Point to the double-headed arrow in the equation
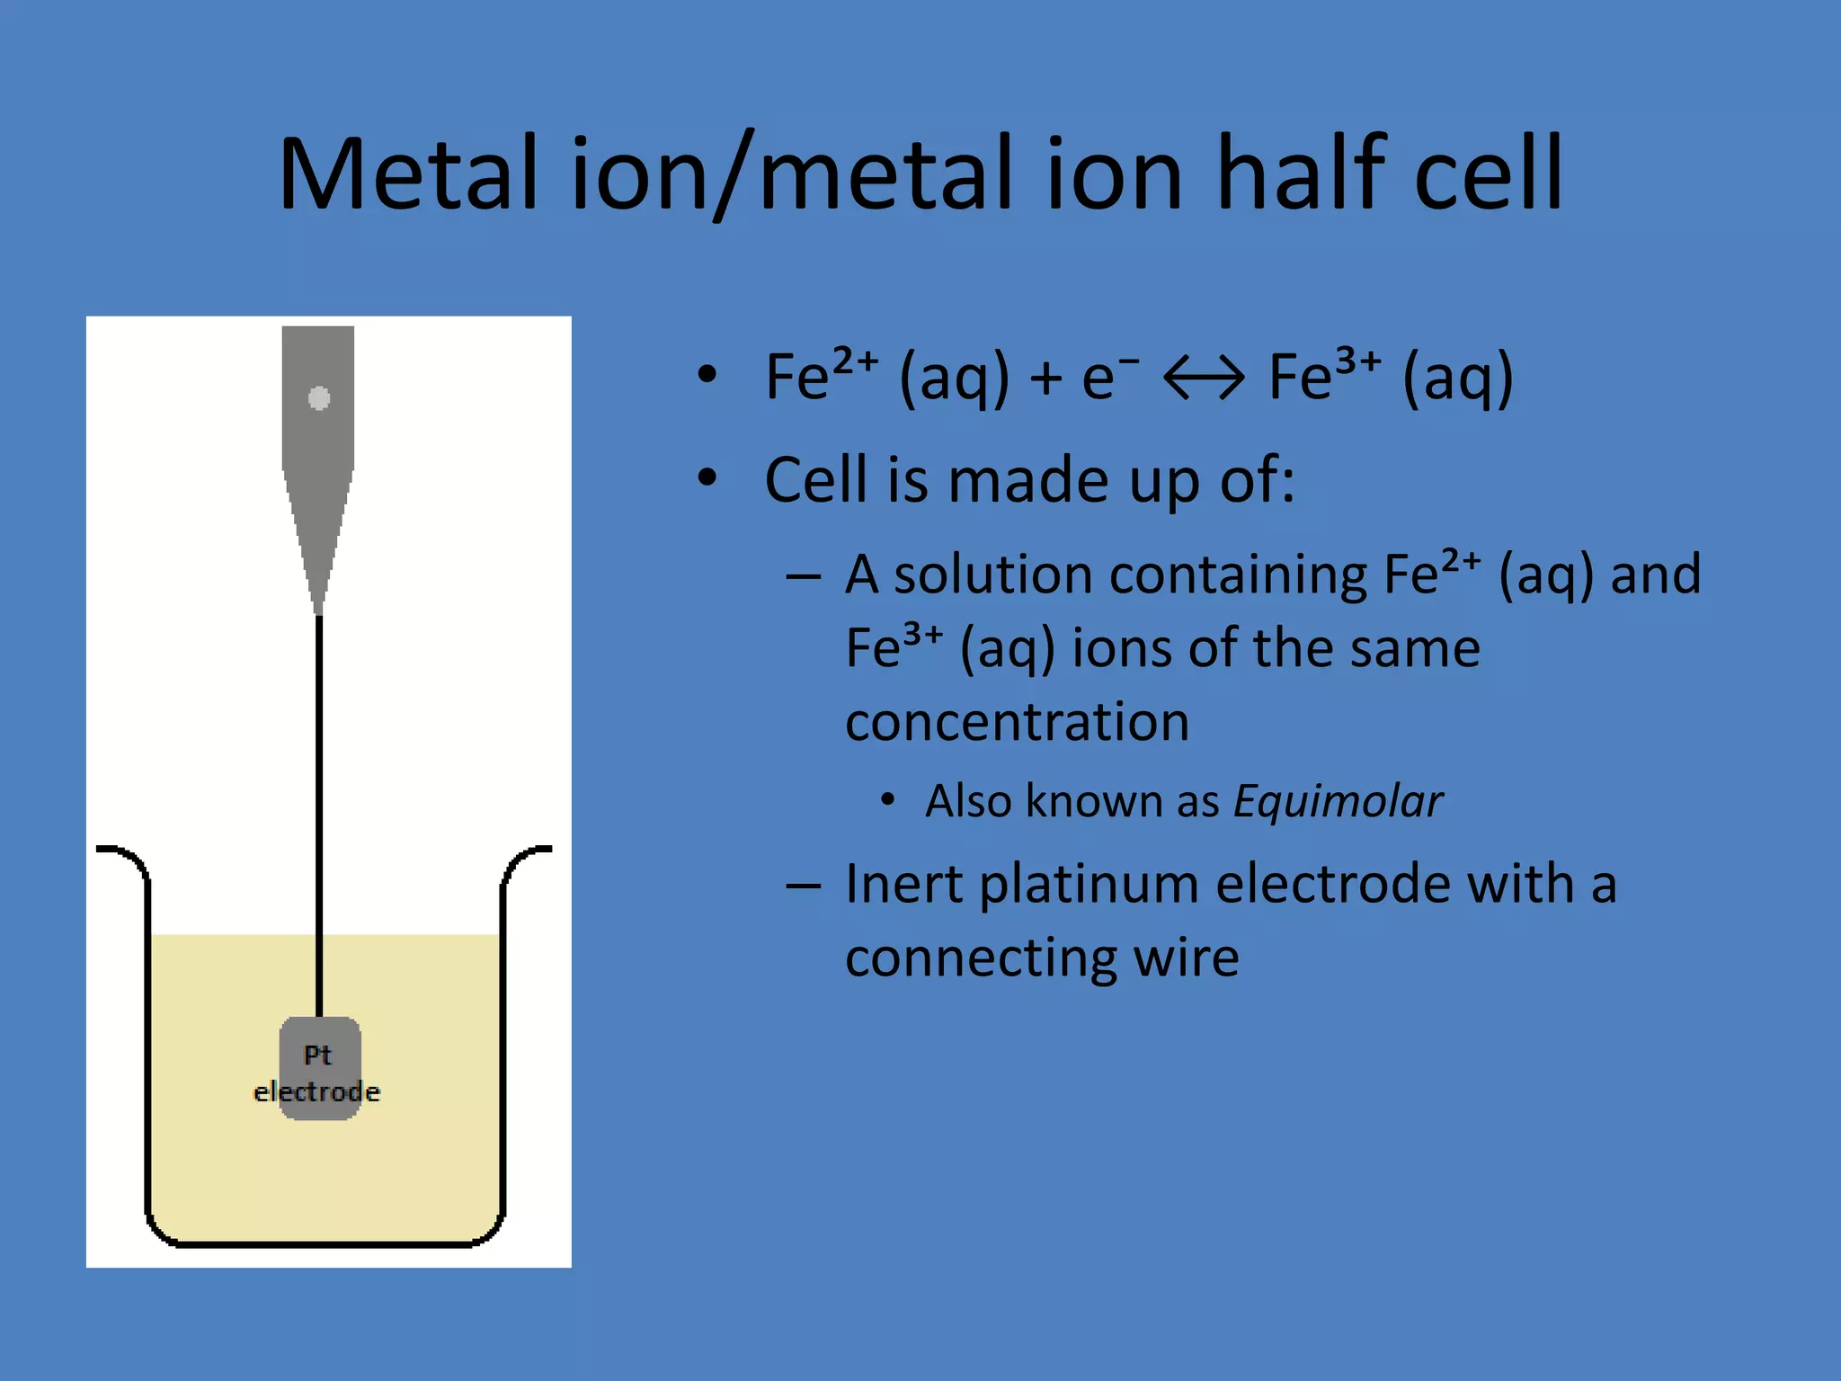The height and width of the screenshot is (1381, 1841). point(1204,378)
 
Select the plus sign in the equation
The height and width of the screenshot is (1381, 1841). point(1045,378)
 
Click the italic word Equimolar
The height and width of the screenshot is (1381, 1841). point(1338,801)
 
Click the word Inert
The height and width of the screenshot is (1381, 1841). point(903,884)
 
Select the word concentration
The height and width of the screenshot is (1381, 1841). point(1017,722)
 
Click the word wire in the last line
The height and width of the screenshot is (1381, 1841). point(1186,958)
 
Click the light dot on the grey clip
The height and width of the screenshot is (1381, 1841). point(319,397)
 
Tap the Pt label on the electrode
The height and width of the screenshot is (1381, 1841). point(317,1055)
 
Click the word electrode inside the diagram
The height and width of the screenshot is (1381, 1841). point(317,1092)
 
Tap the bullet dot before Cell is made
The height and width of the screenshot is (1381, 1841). point(707,478)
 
